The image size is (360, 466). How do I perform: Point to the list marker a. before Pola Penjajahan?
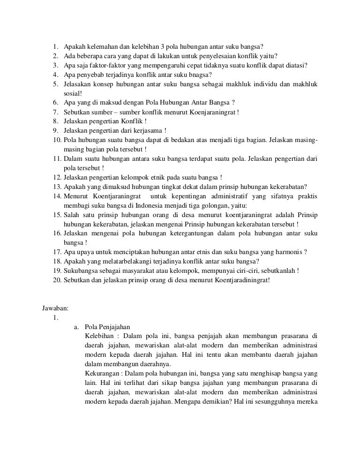[77, 327]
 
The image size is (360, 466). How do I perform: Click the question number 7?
[55, 112]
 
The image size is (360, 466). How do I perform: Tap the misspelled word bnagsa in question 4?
[200, 75]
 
